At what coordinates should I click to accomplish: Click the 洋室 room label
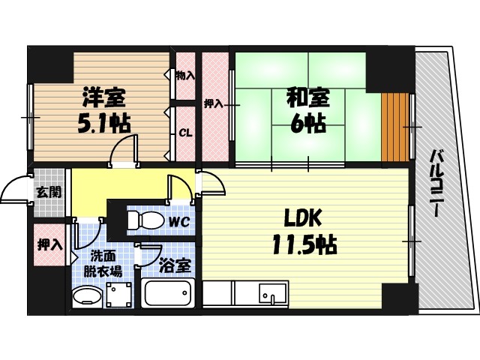point(104,97)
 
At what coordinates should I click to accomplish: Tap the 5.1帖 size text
point(104,122)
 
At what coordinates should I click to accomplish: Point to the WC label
point(178,222)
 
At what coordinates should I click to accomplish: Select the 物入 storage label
point(185,75)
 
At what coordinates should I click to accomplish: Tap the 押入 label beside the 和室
point(214,103)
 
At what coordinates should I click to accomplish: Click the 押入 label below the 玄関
point(50,244)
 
